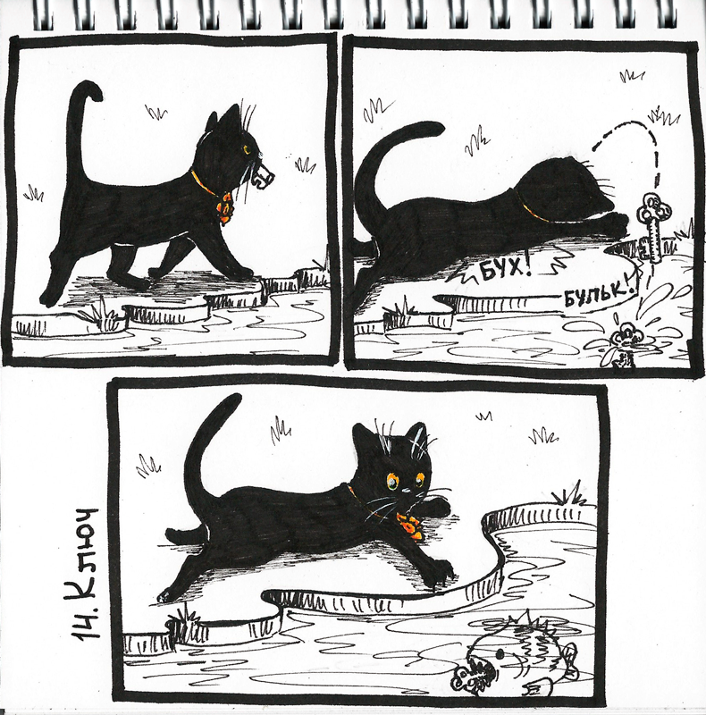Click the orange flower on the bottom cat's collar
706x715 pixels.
pyautogui.click(x=410, y=526)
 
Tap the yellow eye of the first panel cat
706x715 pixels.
pyautogui.click(x=247, y=148)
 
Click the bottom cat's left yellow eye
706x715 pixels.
pyautogui.click(x=392, y=480)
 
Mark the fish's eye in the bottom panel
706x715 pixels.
pyautogui.click(x=500, y=655)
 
